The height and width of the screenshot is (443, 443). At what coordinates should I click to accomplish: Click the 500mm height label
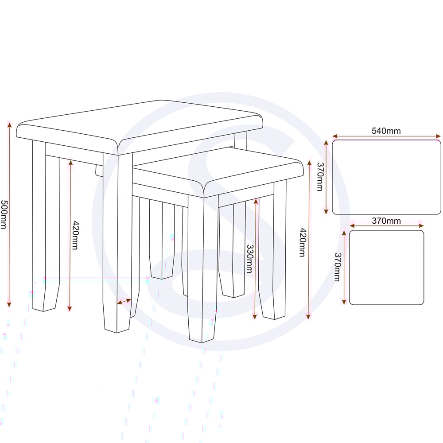[4, 214]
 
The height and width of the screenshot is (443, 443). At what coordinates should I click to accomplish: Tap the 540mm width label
[386, 131]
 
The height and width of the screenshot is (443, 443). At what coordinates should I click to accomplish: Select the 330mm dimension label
[250, 259]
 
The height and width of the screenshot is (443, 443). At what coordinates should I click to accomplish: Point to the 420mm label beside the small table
[303, 242]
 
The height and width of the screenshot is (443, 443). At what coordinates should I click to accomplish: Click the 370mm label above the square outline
[386, 221]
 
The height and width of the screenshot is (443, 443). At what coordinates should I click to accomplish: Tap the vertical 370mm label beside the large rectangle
[320, 177]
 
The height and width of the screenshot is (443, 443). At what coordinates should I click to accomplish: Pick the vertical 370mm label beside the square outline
[337, 267]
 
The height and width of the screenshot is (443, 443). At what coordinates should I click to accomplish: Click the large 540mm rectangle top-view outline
[386, 140]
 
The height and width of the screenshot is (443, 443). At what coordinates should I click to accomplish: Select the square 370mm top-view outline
[386, 231]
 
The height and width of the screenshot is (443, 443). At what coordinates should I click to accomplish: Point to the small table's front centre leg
[203, 268]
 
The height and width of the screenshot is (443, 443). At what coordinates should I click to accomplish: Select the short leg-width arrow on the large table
[124, 301]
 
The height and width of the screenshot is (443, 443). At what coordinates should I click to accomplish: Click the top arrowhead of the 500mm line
[9, 124]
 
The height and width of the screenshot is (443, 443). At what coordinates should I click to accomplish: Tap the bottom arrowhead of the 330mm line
[255, 316]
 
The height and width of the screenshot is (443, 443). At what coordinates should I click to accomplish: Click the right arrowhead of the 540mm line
[438, 136]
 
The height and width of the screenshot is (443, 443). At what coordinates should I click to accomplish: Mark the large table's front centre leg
[117, 243]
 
